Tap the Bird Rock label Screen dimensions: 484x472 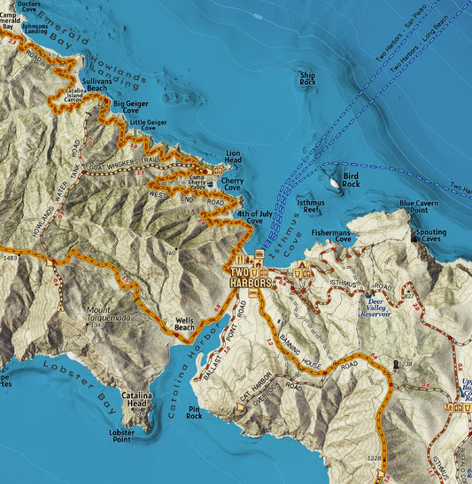[352, 181]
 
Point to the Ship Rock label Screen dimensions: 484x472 [307, 80]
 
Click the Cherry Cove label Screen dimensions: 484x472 [232, 183]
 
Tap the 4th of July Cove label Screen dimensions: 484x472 [251, 218]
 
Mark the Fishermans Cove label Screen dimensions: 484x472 [331, 235]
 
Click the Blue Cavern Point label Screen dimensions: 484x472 [419, 207]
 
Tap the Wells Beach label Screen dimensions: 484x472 [184, 324]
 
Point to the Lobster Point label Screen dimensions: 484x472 [121, 435]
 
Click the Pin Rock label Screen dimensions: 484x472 [195, 412]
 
